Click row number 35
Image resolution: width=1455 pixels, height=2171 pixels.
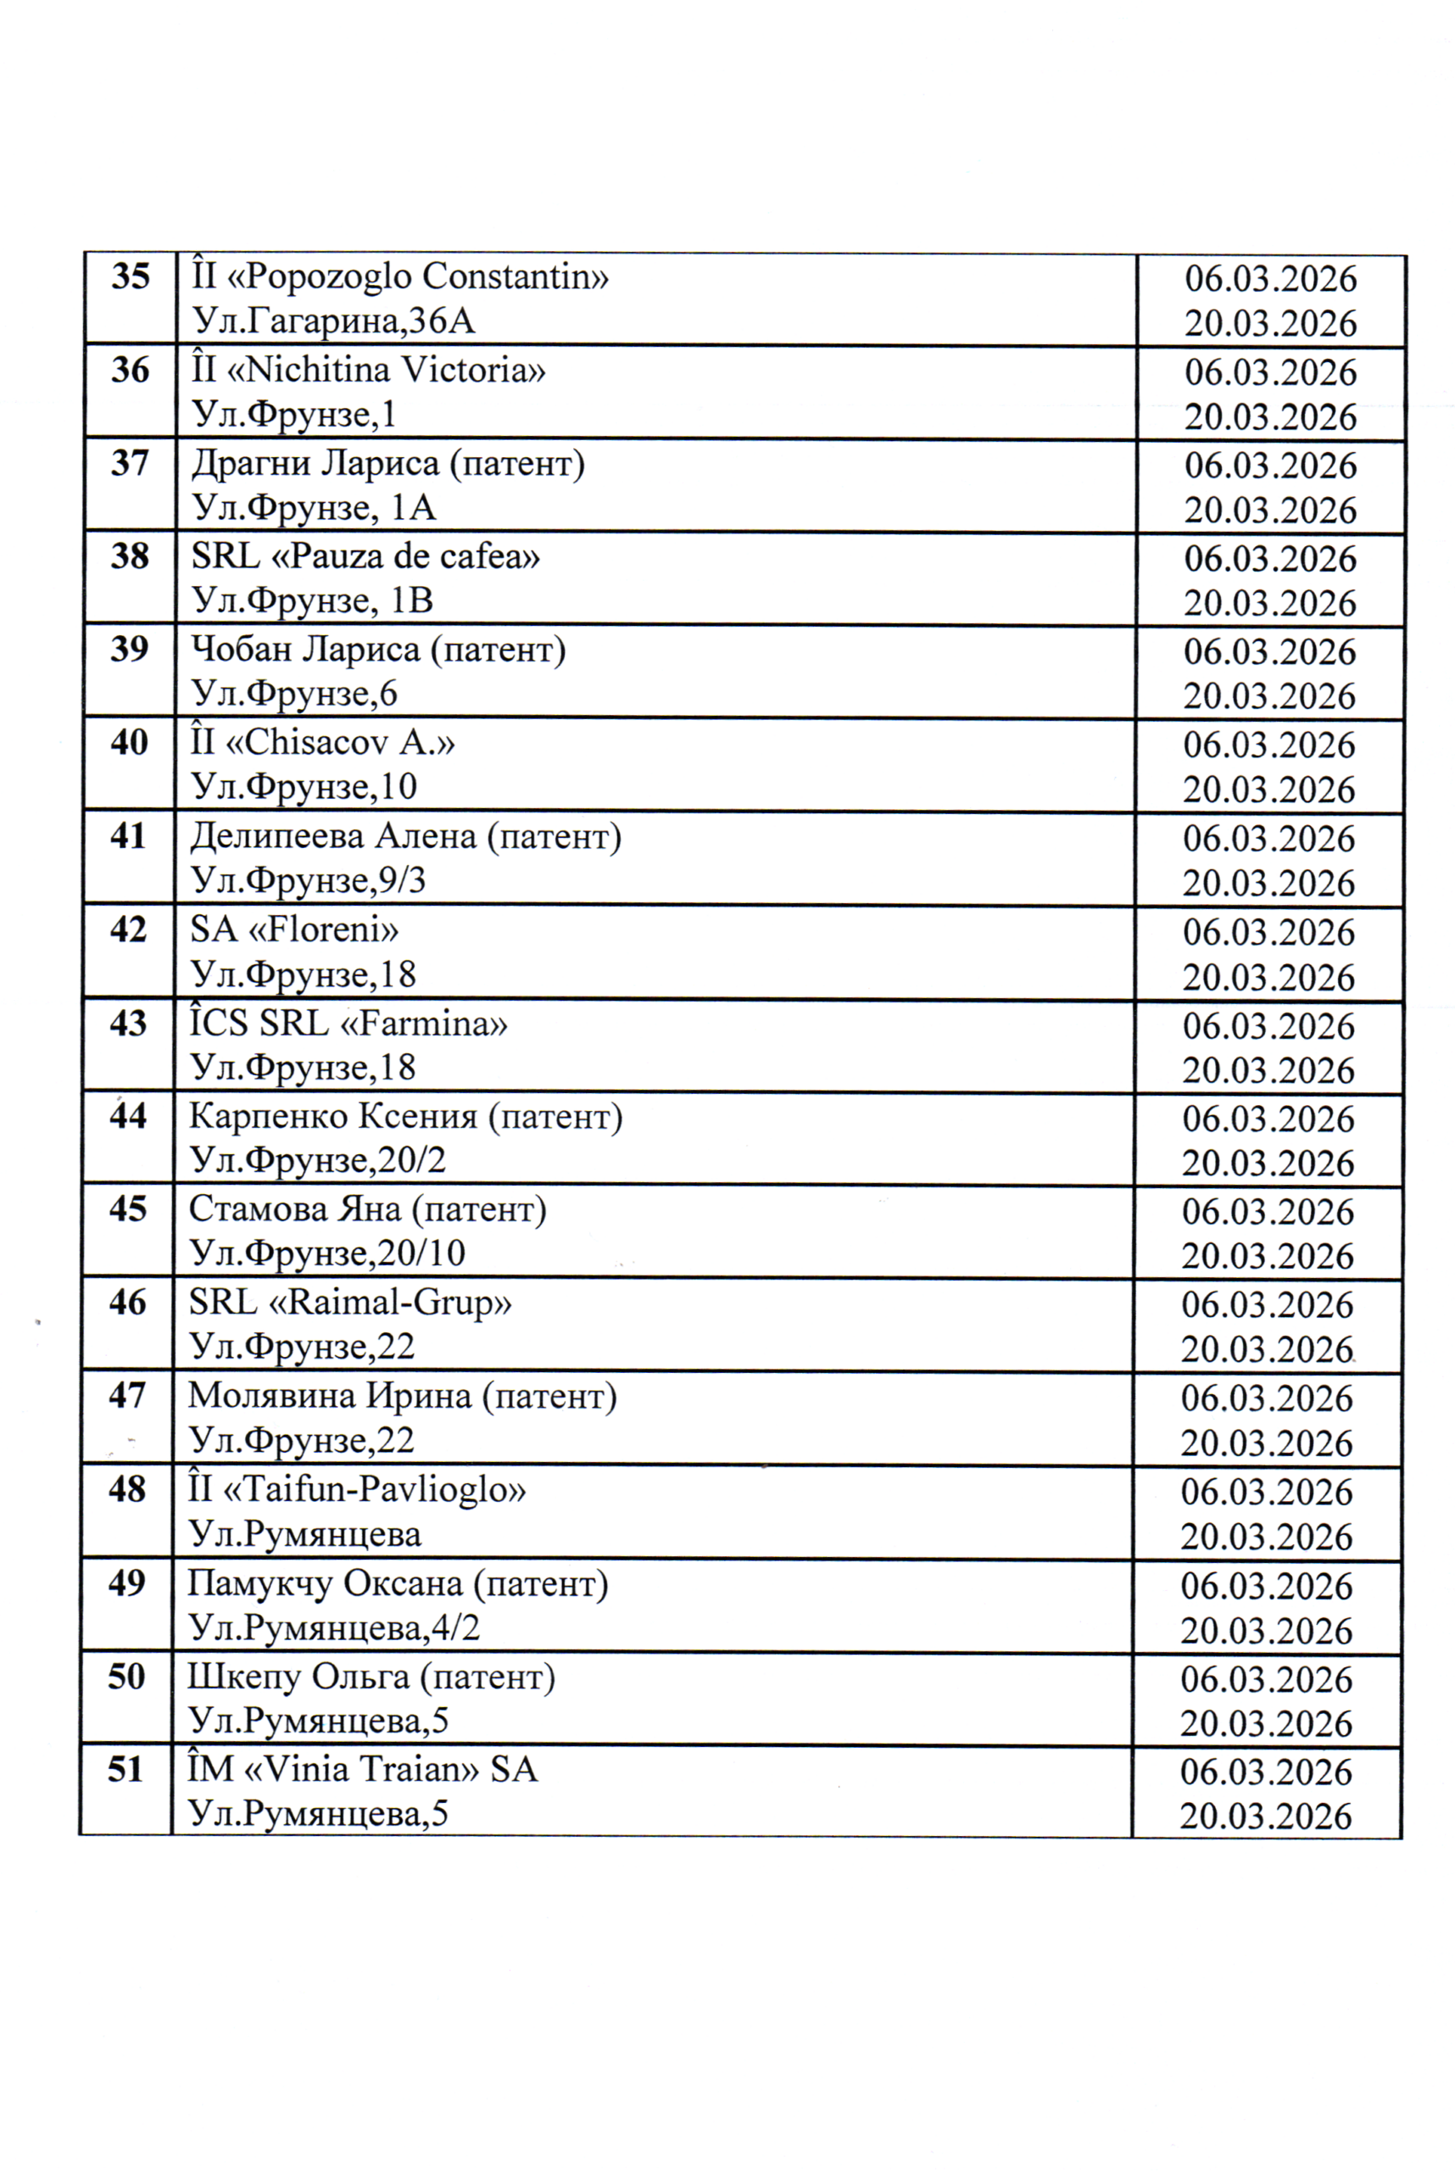click(x=130, y=276)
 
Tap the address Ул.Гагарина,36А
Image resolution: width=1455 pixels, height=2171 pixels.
click(x=333, y=321)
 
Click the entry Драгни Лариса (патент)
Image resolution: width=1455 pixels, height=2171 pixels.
click(x=387, y=463)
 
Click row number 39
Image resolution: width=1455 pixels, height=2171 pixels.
click(x=129, y=649)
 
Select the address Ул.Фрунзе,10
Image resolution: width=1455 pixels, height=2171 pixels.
click(x=304, y=787)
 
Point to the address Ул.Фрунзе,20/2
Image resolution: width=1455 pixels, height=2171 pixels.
click(x=317, y=1160)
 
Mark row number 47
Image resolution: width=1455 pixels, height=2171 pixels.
click(x=127, y=1396)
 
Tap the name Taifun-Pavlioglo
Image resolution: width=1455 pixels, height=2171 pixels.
click(x=356, y=1490)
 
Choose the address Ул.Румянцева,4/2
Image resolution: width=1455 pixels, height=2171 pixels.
click(x=334, y=1628)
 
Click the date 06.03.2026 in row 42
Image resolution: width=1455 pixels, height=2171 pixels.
click(x=1268, y=932)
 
